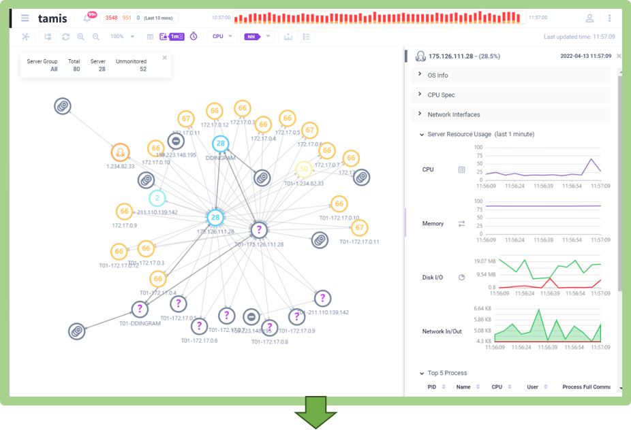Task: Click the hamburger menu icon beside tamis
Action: [25, 18]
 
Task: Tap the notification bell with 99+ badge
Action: [87, 18]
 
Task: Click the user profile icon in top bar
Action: [589, 18]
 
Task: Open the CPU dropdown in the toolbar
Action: [223, 37]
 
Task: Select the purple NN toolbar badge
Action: [252, 37]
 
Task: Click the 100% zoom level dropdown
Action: [122, 37]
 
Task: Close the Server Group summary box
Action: [164, 58]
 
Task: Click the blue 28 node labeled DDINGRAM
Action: [220, 144]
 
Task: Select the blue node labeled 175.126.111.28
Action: [215, 217]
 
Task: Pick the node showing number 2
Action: [157, 198]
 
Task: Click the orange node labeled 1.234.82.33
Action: [120, 152]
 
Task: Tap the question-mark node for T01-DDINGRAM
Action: [140, 310]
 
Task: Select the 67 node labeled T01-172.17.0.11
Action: [360, 227]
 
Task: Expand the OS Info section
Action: [437, 75]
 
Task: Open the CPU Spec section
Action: [441, 95]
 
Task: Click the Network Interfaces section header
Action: [453, 114]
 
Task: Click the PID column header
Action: [431, 387]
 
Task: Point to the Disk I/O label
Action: [433, 278]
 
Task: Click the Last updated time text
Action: [579, 37]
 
